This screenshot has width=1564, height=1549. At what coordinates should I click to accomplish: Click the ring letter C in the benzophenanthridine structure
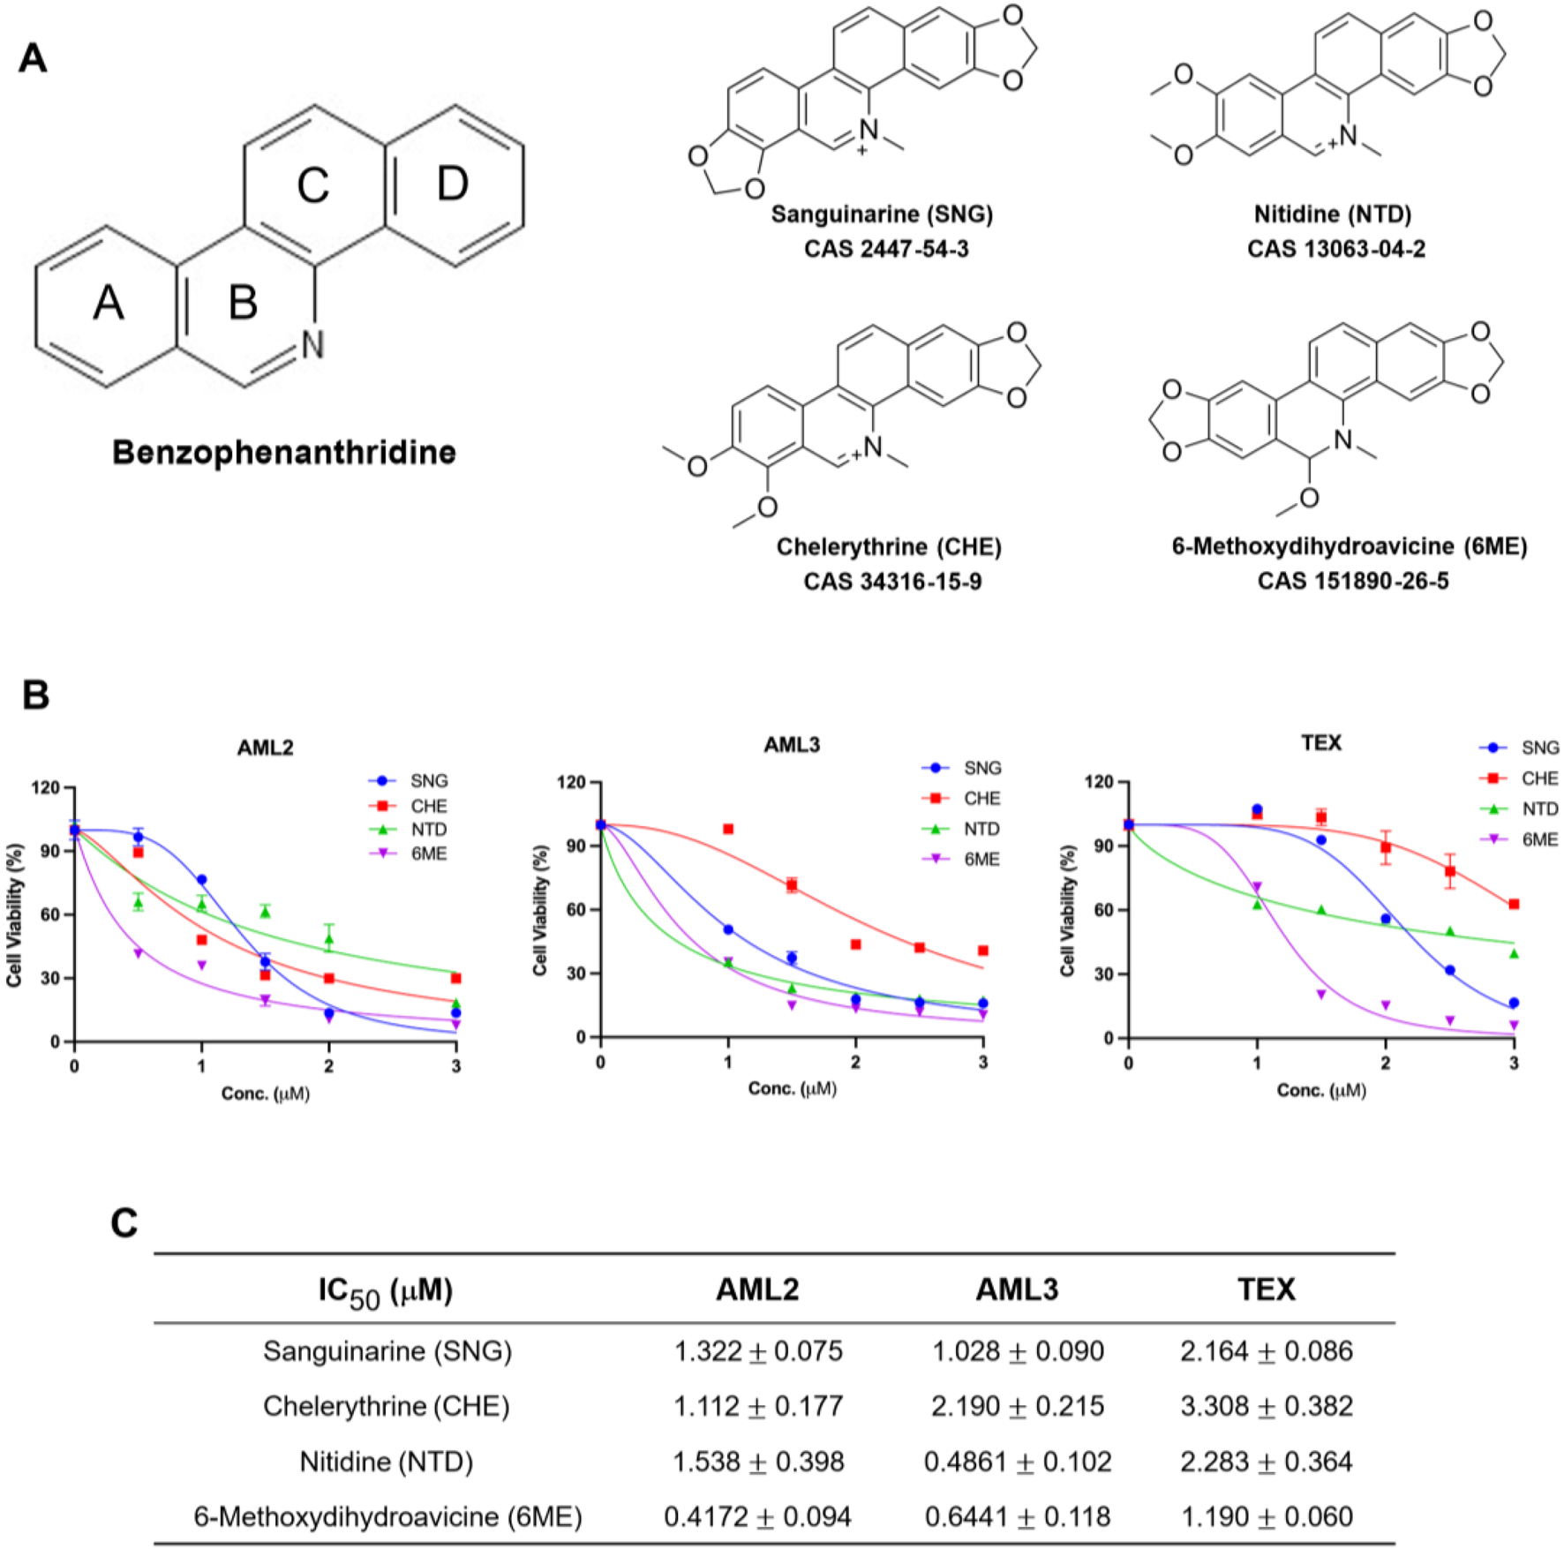pos(312,186)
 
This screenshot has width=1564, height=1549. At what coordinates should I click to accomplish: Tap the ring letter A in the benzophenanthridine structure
pos(108,303)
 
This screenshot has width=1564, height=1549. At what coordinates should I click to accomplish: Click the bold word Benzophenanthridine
pos(283,452)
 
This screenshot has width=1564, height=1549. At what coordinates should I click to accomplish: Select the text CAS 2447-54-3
pos(885,249)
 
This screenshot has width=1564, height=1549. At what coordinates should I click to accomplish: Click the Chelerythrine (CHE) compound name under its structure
pos(888,547)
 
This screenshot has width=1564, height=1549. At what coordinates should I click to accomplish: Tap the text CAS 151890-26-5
pos(1352,581)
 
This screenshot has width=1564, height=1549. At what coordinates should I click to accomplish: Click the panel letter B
pos(35,695)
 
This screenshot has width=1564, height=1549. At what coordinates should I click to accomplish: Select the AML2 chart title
pos(265,748)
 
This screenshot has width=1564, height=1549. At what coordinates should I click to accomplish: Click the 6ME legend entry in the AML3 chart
pos(981,859)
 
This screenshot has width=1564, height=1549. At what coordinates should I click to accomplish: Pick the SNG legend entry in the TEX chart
pos(1539,748)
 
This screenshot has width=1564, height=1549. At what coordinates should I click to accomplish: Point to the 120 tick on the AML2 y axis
pos(46,786)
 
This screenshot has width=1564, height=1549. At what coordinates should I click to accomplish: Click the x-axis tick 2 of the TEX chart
pos(1386,1064)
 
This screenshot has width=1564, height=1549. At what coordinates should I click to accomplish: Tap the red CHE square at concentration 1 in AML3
pos(728,829)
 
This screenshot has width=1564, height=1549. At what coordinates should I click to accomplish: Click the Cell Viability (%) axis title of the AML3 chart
pos(540,909)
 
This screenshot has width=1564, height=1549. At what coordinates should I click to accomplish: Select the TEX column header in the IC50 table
pos(1266,1290)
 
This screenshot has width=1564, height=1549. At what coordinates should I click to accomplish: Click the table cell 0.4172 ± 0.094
pos(757,1516)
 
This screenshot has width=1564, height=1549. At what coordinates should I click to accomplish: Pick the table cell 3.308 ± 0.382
pos(1266,1405)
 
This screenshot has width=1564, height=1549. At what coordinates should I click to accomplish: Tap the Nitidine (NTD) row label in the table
pos(386,1462)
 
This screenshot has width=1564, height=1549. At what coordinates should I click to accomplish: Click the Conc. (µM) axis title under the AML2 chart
pos(265,1094)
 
